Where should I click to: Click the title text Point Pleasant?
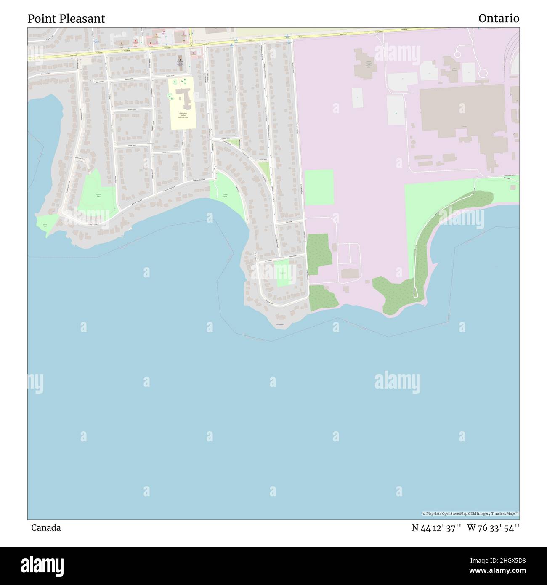point(66,19)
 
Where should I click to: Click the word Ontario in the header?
point(499,19)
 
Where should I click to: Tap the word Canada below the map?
point(45,527)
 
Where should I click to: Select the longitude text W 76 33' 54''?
point(493,528)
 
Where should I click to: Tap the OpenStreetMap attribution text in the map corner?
point(470,513)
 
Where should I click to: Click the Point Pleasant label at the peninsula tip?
point(280,324)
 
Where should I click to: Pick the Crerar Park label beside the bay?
point(225,196)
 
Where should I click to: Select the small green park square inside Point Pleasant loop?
point(283,273)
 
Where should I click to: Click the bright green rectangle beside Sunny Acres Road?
point(319,187)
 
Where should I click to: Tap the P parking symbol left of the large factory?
point(395,113)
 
